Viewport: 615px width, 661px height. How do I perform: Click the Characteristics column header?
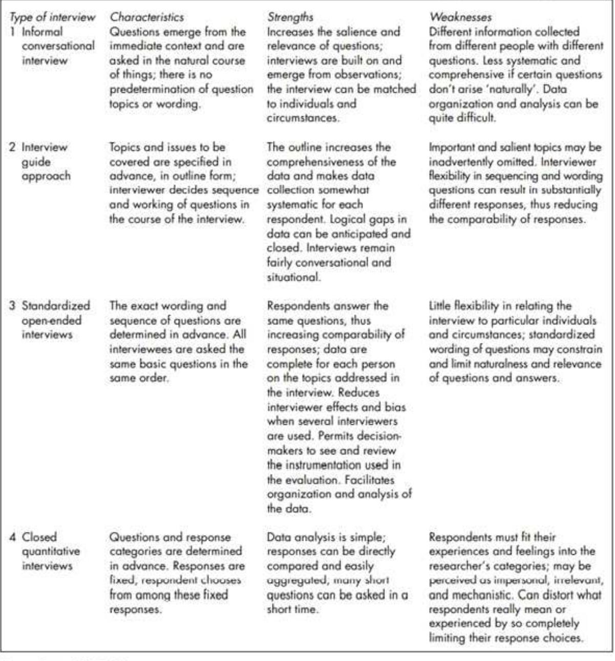[146, 17]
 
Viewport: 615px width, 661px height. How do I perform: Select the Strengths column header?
[290, 17]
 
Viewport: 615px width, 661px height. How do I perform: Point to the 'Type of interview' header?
[52, 17]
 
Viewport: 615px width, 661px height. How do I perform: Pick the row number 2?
[13, 147]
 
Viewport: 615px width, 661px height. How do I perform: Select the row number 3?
[13, 306]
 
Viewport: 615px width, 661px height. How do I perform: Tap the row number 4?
[13, 537]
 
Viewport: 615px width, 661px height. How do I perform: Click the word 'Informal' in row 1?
[42, 31]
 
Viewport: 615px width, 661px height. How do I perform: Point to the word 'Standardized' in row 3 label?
[55, 306]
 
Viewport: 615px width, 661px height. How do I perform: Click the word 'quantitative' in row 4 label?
[51, 551]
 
